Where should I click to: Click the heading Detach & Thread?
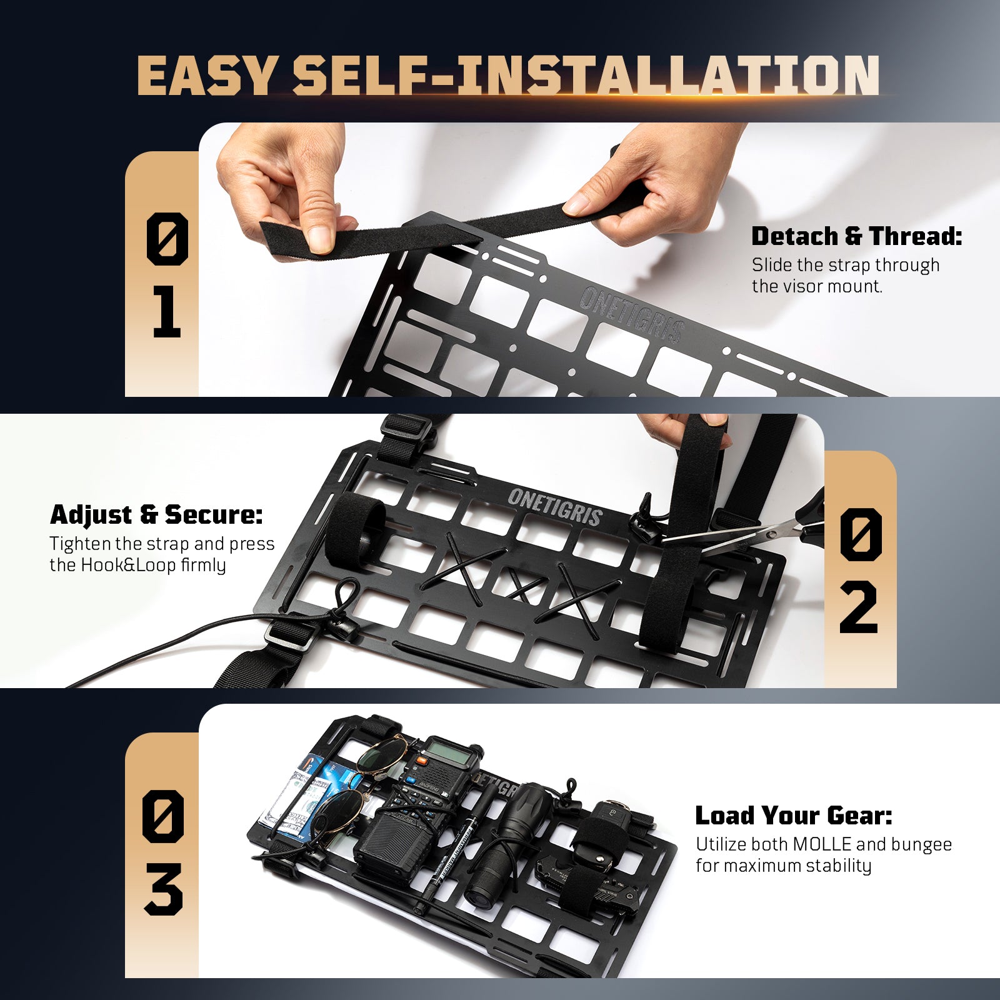point(856,237)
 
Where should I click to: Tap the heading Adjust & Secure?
point(156,515)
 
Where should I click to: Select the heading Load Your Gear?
point(794,816)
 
